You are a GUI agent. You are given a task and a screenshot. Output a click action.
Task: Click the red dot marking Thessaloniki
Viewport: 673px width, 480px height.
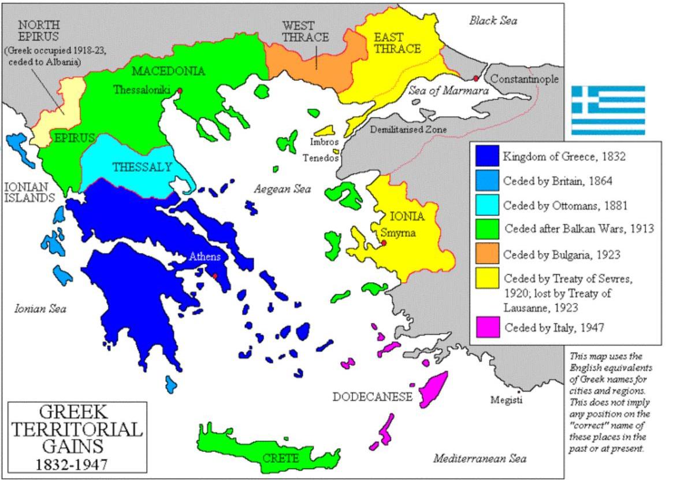pos(180,91)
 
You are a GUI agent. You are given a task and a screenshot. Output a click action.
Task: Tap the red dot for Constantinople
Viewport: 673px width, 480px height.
pos(476,79)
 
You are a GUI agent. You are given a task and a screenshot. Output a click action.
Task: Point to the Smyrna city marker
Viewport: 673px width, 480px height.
pos(384,243)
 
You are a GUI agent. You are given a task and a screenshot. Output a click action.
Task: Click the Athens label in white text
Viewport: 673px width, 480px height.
pos(205,257)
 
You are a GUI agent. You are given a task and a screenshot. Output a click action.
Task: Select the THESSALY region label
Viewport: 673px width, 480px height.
pos(142,168)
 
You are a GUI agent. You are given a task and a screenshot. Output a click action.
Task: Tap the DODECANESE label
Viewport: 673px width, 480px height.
pos(373,397)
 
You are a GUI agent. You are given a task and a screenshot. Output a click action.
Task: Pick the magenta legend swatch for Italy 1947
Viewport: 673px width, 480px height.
pos(486,327)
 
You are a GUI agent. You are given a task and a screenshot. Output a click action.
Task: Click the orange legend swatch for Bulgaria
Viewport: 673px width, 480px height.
pos(486,254)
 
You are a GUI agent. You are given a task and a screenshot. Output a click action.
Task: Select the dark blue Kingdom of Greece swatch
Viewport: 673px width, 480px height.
pos(486,156)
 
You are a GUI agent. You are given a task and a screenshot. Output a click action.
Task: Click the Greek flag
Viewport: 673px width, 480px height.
pos(608,110)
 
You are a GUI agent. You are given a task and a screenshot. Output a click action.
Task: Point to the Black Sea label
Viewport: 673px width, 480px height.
pos(493,21)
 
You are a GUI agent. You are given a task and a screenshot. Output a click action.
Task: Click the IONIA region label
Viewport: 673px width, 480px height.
pos(407,217)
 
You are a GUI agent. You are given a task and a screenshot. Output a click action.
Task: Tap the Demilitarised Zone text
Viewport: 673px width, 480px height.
pos(408,130)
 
